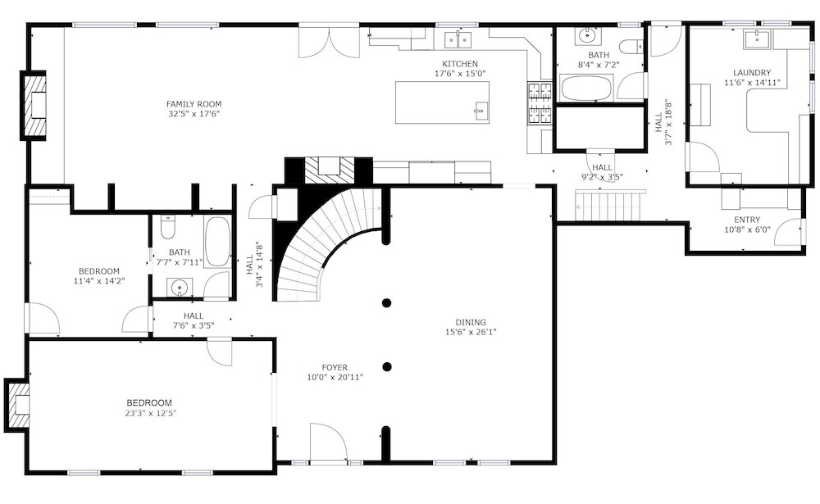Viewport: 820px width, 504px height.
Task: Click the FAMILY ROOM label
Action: point(194,104)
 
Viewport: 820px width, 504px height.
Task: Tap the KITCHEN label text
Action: point(460,64)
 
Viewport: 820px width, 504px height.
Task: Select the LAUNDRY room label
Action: point(751,73)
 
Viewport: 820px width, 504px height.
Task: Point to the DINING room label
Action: point(471,322)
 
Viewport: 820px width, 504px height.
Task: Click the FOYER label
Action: point(335,367)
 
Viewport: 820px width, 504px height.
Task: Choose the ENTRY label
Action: point(747,220)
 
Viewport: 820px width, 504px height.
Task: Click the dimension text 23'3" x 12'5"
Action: point(149,413)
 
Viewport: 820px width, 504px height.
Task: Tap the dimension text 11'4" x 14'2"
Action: point(99,281)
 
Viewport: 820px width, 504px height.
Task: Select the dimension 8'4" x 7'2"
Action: point(599,65)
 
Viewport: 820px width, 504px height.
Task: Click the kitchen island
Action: point(443,102)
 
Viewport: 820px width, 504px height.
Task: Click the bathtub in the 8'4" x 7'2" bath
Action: point(586,88)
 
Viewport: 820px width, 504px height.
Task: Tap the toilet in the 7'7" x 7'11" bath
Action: point(168,226)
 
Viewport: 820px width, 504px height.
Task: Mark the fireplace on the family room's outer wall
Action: point(34,106)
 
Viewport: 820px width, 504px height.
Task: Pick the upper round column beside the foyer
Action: point(386,302)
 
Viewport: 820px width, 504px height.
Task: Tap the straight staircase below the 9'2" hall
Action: point(608,206)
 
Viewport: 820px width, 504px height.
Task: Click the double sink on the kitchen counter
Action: point(458,39)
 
